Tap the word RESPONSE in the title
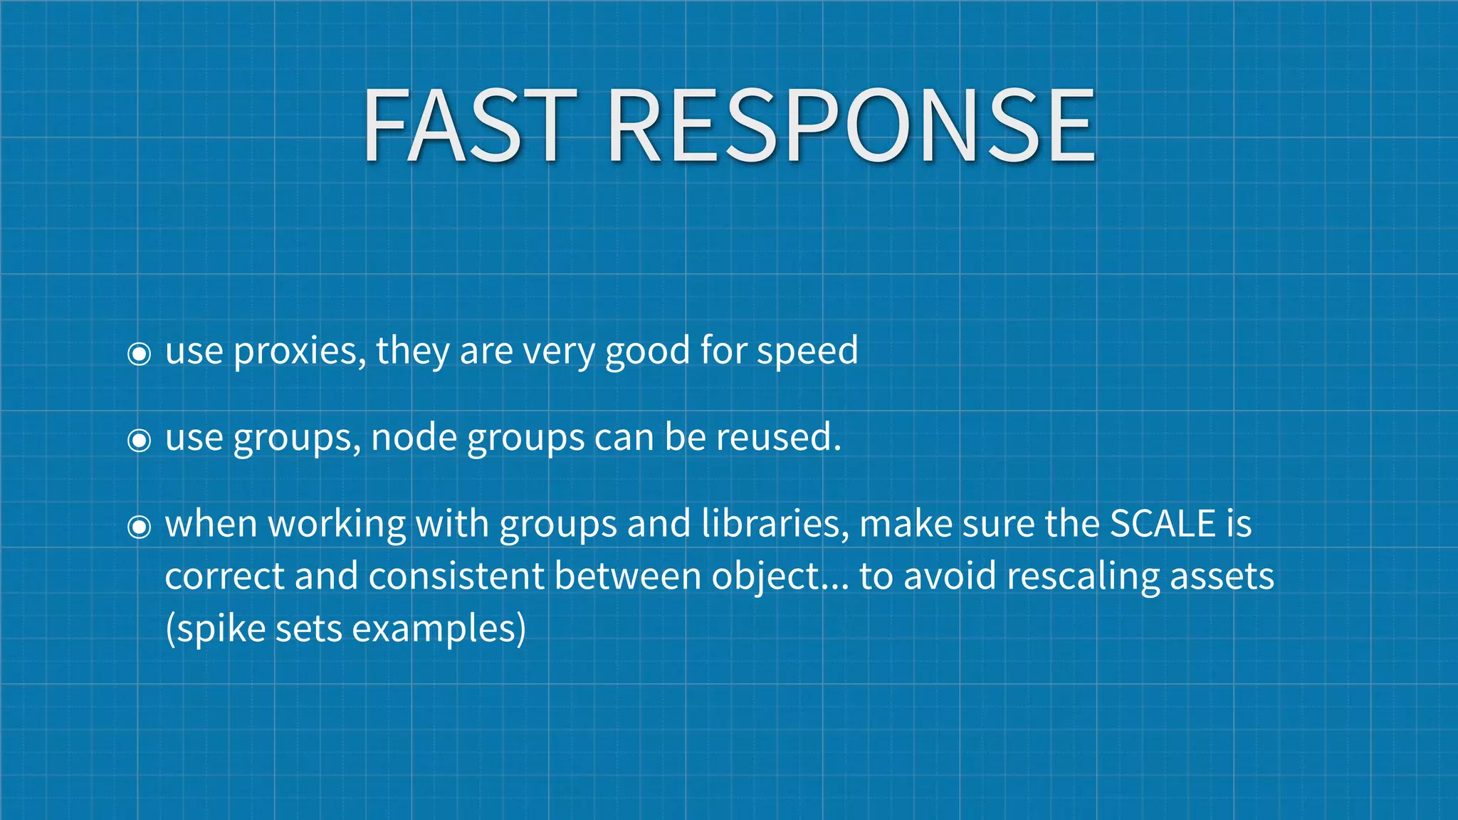[x=851, y=126]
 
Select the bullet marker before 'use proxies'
[x=139, y=353]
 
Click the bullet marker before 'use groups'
[x=139, y=440]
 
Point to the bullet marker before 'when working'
[x=139, y=527]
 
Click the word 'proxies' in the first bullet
[x=299, y=352]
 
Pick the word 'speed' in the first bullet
[x=807, y=352]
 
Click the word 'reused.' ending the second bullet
[x=779, y=438]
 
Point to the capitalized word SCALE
[x=1163, y=524]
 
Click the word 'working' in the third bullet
[x=337, y=525]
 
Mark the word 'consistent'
[x=456, y=576]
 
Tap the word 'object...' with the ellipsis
[x=780, y=577]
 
